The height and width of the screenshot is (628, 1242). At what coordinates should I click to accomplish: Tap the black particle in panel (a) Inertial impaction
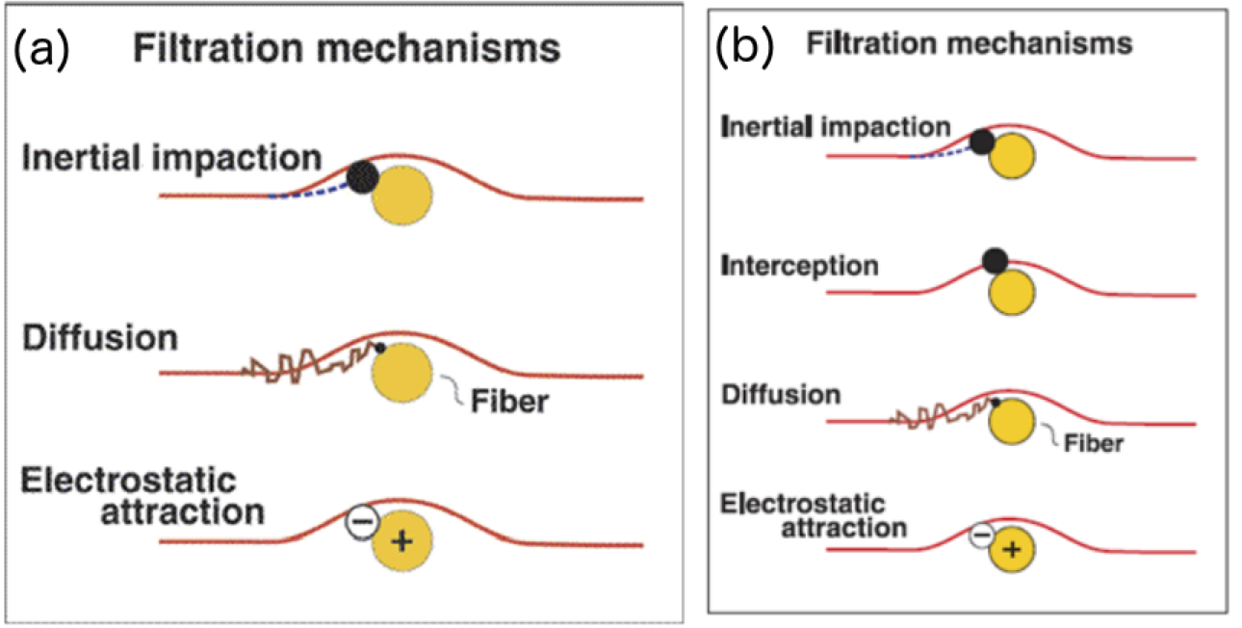click(x=362, y=176)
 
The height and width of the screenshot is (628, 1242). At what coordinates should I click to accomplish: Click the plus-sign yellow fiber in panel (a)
click(x=402, y=541)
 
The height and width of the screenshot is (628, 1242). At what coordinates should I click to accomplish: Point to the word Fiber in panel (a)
click(x=508, y=401)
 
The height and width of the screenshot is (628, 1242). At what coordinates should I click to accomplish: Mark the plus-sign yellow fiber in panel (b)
click(x=1011, y=549)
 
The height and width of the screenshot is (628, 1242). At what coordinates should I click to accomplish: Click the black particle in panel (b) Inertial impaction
click(x=982, y=143)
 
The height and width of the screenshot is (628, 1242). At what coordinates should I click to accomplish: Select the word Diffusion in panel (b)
click(x=780, y=394)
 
